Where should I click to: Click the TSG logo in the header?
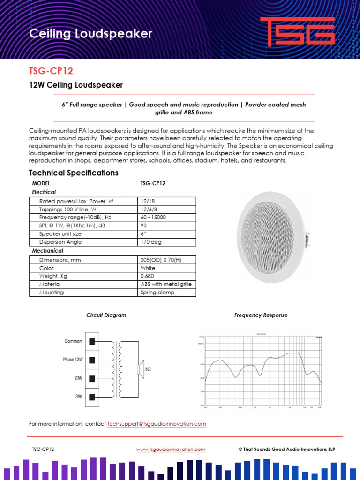tap(297, 32)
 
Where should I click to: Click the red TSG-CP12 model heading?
tap(51, 71)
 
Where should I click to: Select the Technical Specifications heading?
tap(74, 172)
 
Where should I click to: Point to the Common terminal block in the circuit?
tap(92, 342)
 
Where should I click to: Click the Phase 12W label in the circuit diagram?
tap(73, 360)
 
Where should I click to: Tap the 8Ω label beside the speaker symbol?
tap(148, 369)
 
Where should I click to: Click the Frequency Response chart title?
tap(261, 315)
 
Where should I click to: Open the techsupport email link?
tap(157, 424)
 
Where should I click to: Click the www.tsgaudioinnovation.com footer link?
tap(171, 449)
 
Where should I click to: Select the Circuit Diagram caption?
tap(106, 315)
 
